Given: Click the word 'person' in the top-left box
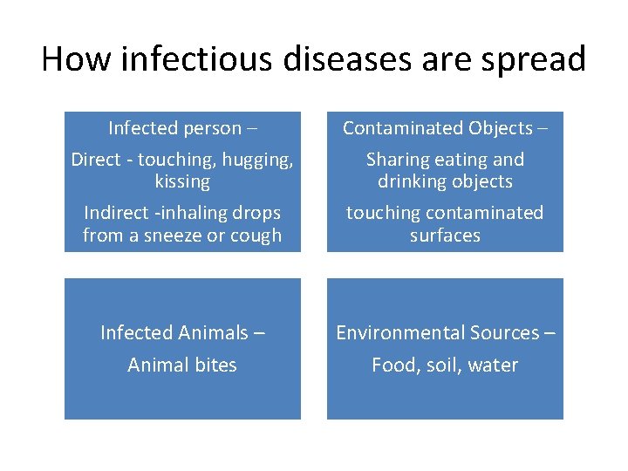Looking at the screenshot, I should point(210,128).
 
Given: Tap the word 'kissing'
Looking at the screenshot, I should point(182,181).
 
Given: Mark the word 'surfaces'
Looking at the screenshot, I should point(445,235).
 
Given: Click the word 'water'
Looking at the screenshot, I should point(493,365).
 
